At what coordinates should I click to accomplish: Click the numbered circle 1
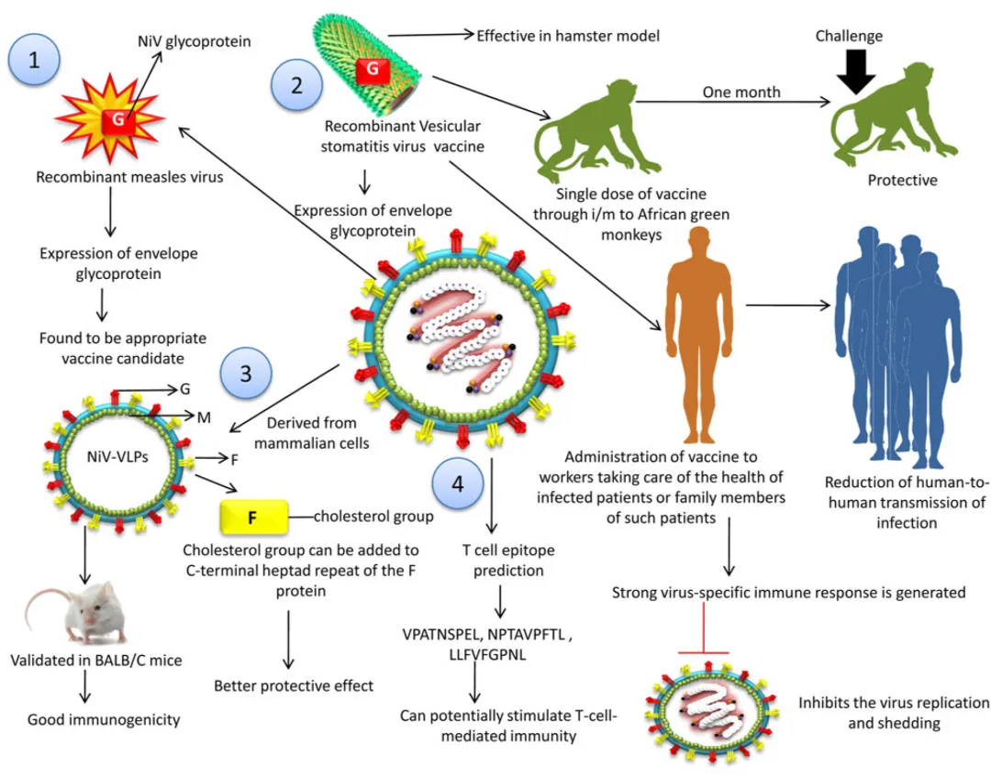click(34, 61)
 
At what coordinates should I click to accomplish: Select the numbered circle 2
click(296, 85)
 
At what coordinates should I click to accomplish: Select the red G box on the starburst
click(120, 119)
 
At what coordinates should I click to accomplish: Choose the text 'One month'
click(741, 92)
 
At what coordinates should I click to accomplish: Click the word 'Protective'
click(903, 180)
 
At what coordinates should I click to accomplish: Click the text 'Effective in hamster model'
click(568, 36)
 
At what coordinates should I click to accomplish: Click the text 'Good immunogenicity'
click(104, 719)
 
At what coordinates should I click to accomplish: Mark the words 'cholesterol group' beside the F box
click(373, 517)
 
